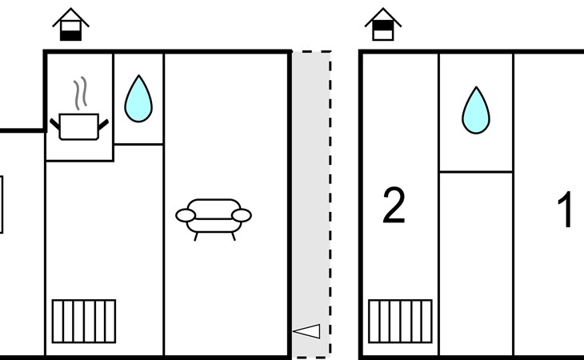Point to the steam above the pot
[79, 94]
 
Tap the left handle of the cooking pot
[55, 124]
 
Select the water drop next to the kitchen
[138, 98]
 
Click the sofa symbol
[214, 216]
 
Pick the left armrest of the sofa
[186, 215]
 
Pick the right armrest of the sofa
[241, 215]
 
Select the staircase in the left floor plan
[84, 321]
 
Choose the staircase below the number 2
[400, 321]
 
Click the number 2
[394, 207]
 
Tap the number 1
[566, 210]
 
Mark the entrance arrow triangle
[307, 331]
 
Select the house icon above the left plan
[71, 25]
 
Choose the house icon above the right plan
[382, 25]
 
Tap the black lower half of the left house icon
[71, 34]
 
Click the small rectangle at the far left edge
[2, 205]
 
